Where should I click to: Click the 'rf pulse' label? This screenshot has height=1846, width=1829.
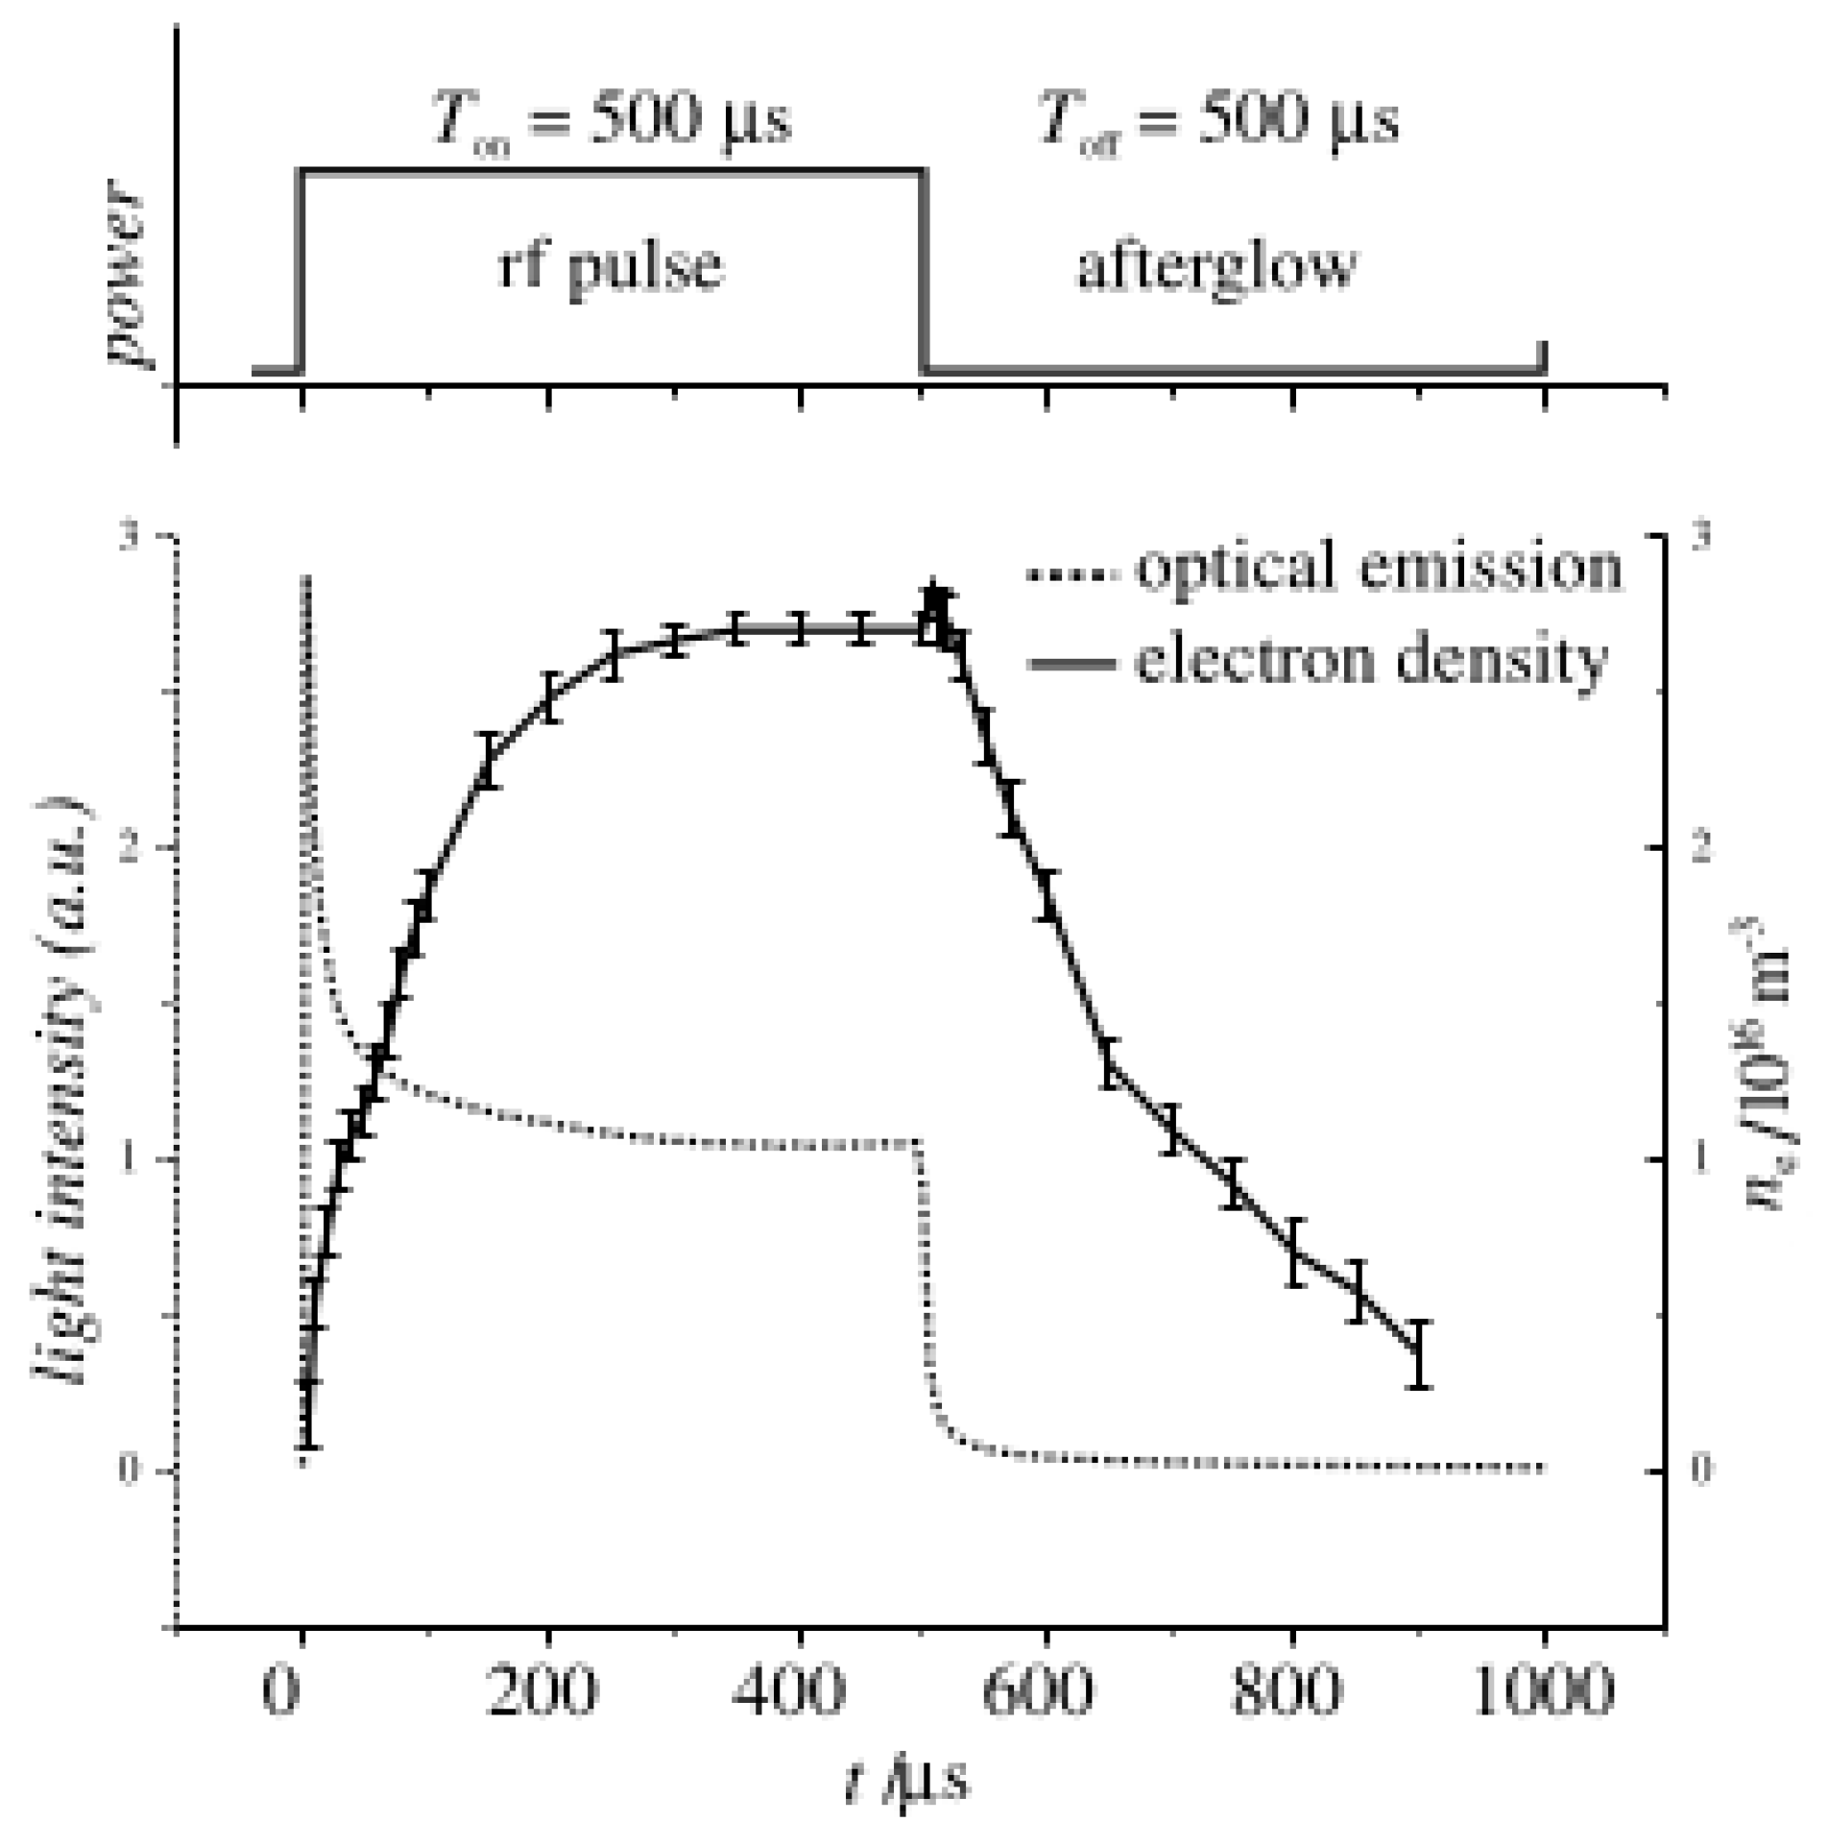[611, 266]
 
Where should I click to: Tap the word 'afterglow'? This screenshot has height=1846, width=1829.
[1216, 266]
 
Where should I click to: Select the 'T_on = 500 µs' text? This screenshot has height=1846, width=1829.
[611, 122]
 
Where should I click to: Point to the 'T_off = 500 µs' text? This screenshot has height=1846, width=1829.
[1216, 122]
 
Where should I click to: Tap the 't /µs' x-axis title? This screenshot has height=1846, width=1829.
[906, 1779]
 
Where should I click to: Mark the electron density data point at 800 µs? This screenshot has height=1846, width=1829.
[1295, 1251]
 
